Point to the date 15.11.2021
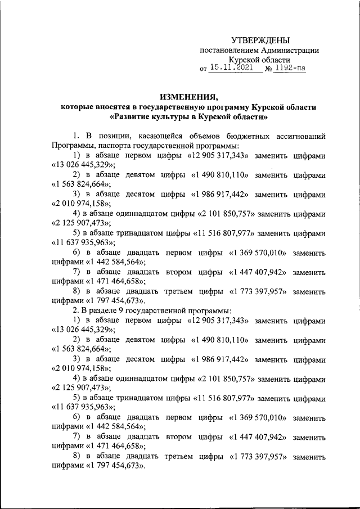(x=231, y=68)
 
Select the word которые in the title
(x=79, y=107)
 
